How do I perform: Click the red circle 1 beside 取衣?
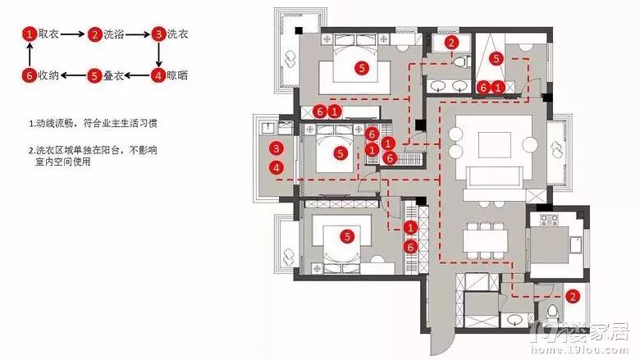pyautogui.click(x=30, y=34)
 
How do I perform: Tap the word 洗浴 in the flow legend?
pyautogui.click(x=113, y=34)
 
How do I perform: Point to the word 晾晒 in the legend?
pyautogui.click(x=178, y=75)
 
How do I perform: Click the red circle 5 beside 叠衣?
pyautogui.click(x=95, y=75)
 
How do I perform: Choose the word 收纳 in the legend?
pyautogui.click(x=48, y=75)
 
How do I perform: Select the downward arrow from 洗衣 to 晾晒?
pyautogui.click(x=158, y=55)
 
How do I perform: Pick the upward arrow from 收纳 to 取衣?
pyautogui.click(x=30, y=55)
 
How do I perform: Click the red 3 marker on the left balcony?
pyautogui.click(x=277, y=148)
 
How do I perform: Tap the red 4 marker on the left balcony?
pyautogui.click(x=277, y=167)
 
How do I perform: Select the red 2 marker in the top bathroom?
pyautogui.click(x=450, y=43)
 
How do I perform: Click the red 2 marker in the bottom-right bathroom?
pyautogui.click(x=573, y=296)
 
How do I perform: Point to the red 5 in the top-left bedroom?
pyautogui.click(x=359, y=68)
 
